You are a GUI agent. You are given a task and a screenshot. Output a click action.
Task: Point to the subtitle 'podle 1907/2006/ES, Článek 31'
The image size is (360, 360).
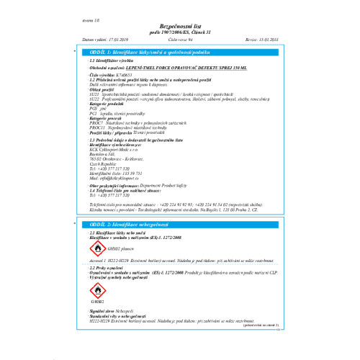pyautogui.click(x=180, y=32)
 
